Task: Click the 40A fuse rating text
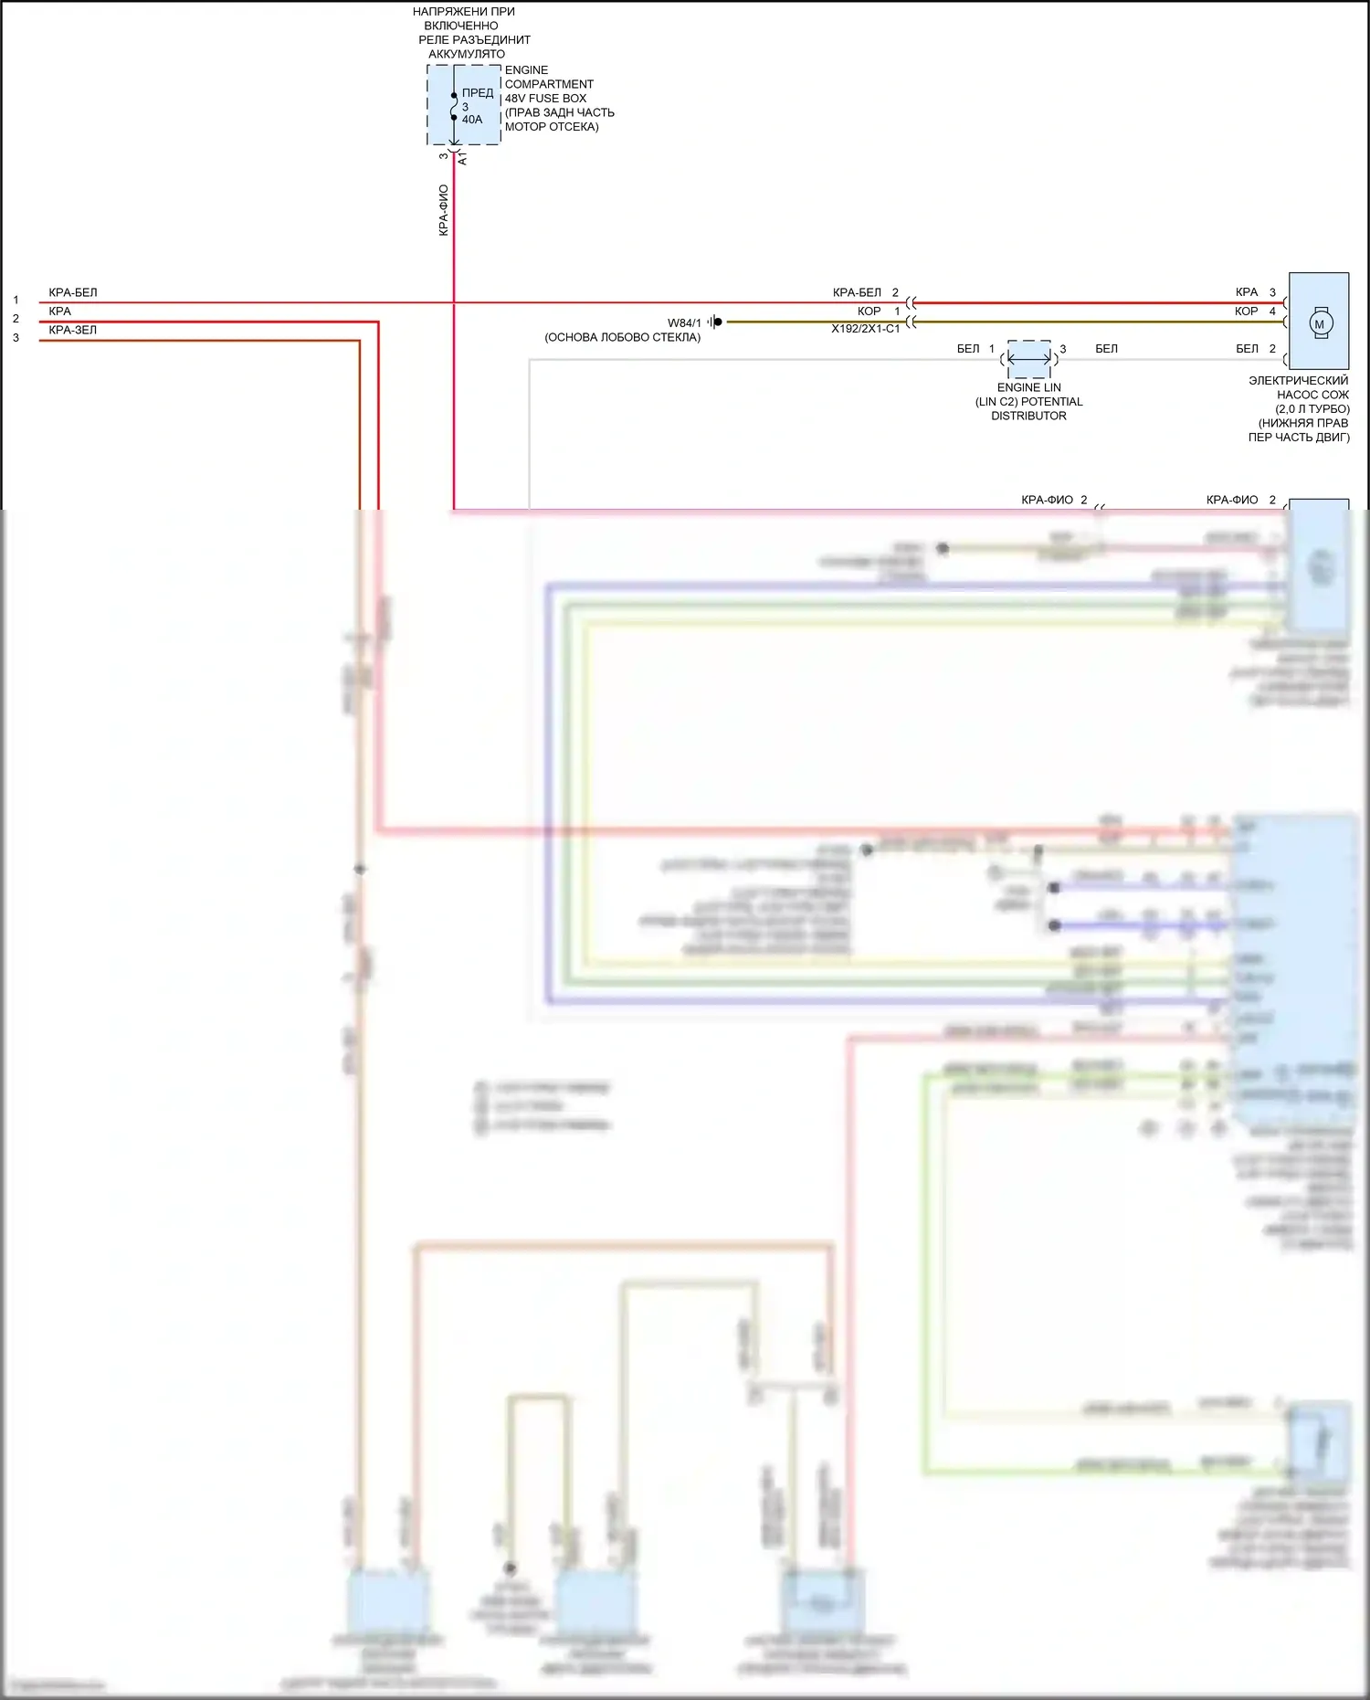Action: click(x=472, y=120)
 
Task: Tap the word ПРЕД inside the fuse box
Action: click(x=478, y=92)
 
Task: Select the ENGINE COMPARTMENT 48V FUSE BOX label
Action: click(x=558, y=98)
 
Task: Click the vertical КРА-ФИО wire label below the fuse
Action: click(x=444, y=210)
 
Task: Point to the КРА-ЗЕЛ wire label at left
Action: click(x=73, y=330)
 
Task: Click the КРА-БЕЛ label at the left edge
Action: click(x=73, y=292)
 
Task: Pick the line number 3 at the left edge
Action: click(x=16, y=338)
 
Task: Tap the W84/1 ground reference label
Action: click(x=684, y=322)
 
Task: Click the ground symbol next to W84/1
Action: click(x=714, y=322)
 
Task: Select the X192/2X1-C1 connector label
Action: click(x=865, y=329)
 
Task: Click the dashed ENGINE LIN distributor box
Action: click(x=1029, y=359)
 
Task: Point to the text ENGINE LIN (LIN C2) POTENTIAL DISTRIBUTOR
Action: click(x=1028, y=401)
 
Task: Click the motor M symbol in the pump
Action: click(x=1319, y=323)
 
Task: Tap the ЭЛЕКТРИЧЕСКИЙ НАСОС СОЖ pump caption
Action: click(x=1299, y=408)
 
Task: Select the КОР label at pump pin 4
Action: click(x=1246, y=311)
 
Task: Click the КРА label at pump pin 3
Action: click(x=1246, y=292)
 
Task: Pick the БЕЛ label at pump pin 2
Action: click(x=1247, y=349)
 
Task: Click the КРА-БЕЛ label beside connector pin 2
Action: click(x=857, y=292)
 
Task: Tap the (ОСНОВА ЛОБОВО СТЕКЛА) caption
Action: click(x=623, y=337)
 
